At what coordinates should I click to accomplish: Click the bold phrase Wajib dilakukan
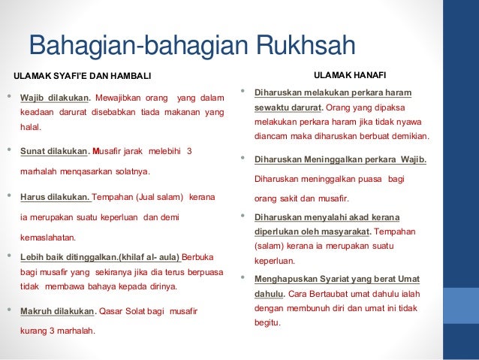pyautogui.click(x=54, y=98)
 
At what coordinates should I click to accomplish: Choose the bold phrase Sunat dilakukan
pyautogui.click(x=53, y=151)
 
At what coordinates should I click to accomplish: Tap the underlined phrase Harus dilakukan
pyautogui.click(x=54, y=198)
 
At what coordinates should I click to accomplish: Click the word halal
pyautogui.click(x=30, y=128)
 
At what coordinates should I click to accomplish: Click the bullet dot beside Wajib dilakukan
pyautogui.click(x=8, y=97)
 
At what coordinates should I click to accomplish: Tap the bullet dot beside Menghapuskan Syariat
pyautogui.click(x=243, y=278)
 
